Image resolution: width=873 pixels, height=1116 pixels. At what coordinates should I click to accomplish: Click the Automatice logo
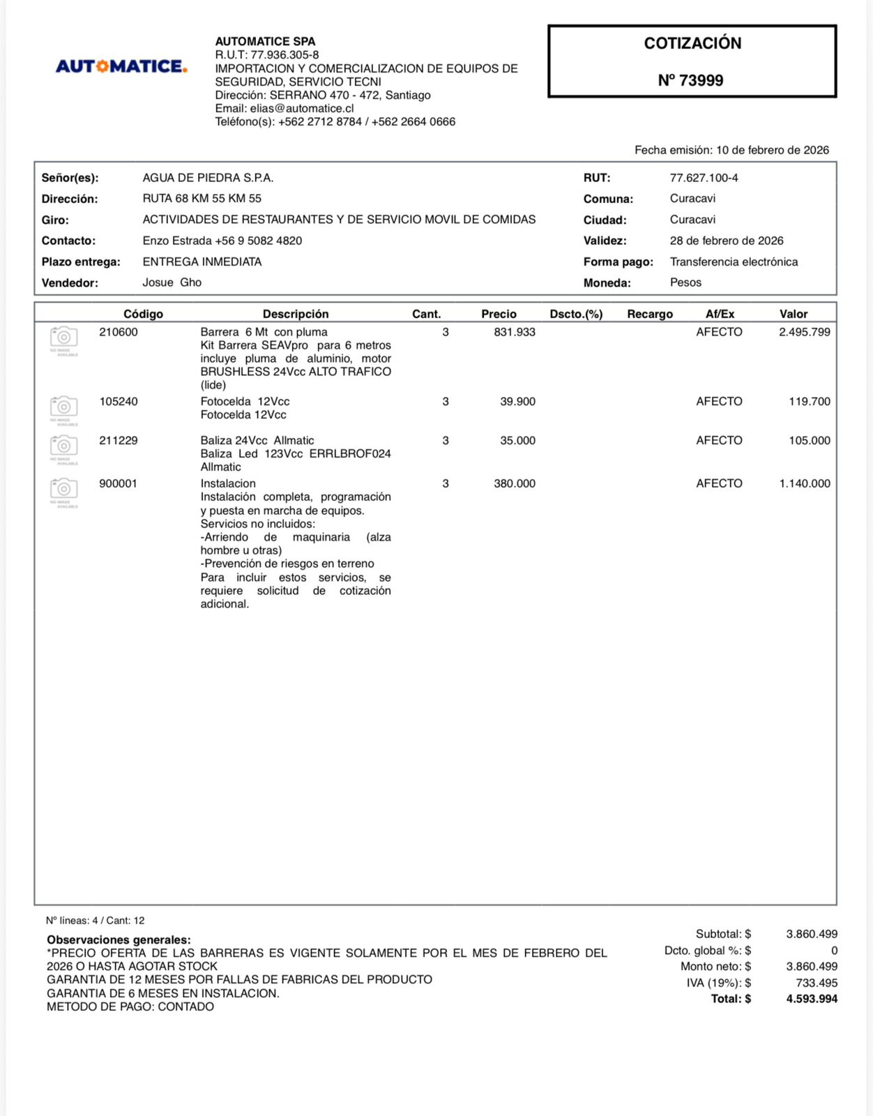tap(121, 67)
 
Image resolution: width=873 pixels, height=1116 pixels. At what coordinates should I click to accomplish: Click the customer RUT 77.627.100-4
tap(704, 178)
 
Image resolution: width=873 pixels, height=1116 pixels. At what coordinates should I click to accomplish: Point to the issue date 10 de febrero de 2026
tap(772, 150)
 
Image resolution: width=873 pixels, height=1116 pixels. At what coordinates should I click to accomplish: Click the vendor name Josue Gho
tap(172, 282)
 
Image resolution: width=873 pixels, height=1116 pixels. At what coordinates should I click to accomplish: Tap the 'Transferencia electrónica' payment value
tap(734, 262)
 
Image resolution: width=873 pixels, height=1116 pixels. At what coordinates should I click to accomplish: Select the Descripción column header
tap(295, 314)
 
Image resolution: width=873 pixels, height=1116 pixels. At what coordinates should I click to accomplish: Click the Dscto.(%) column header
tap(575, 314)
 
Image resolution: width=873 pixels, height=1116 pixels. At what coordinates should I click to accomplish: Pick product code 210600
tap(119, 332)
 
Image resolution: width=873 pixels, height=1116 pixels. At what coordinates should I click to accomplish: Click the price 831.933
tap(515, 332)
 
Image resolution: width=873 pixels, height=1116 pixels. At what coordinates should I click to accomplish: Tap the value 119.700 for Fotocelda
tap(809, 401)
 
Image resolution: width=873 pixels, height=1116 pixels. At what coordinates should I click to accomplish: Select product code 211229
tap(119, 440)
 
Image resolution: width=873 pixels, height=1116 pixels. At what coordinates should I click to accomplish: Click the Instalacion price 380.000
tap(515, 483)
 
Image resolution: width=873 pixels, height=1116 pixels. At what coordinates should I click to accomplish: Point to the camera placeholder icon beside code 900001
tap(64, 490)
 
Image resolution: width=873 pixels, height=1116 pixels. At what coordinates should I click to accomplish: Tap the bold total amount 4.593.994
tap(812, 999)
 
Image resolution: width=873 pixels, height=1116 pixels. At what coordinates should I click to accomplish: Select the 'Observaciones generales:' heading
tap(119, 940)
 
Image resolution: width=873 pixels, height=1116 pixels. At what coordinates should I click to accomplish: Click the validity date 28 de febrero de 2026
tap(727, 241)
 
